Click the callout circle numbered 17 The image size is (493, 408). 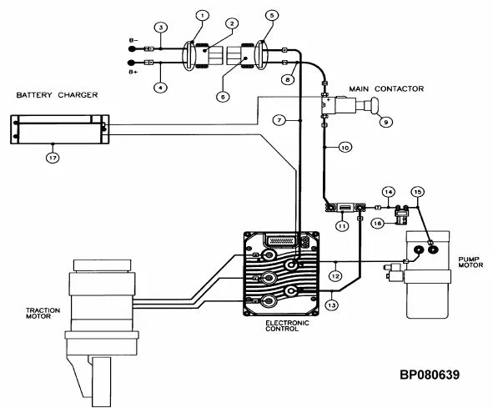[x=53, y=158]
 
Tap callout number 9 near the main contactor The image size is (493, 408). [x=385, y=122]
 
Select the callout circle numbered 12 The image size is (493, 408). [x=335, y=276]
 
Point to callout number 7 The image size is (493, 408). [x=279, y=120]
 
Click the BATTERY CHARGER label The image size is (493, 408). [x=57, y=95]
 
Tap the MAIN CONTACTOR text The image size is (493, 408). [x=386, y=89]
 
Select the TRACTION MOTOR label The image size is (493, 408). [x=43, y=314]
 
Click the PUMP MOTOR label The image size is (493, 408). [x=470, y=262]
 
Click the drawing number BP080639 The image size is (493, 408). [x=430, y=375]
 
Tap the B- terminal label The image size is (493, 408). [x=133, y=40]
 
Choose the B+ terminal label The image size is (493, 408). [x=133, y=72]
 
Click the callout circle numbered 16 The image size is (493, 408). [x=378, y=224]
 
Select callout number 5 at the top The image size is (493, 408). [x=272, y=15]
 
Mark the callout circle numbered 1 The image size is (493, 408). [x=203, y=15]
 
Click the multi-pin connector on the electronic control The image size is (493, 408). [x=280, y=241]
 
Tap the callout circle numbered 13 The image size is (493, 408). [x=332, y=305]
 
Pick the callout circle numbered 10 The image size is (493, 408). [x=345, y=147]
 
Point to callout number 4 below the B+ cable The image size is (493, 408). [x=160, y=87]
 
